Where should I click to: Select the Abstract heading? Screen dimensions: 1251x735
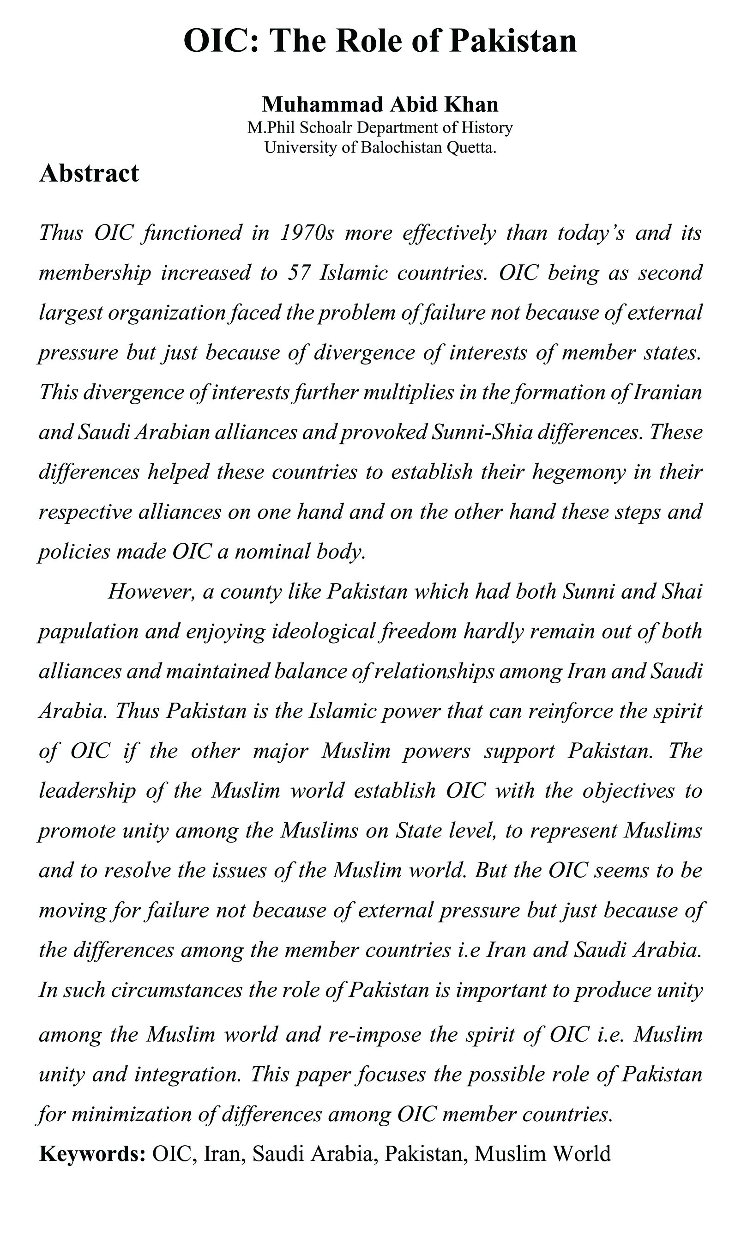(89, 174)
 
